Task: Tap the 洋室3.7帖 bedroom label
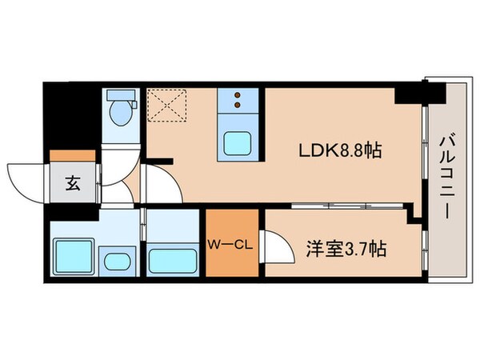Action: tap(346, 249)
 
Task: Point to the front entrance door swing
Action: tap(26, 180)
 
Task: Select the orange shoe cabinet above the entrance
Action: tap(71, 156)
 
